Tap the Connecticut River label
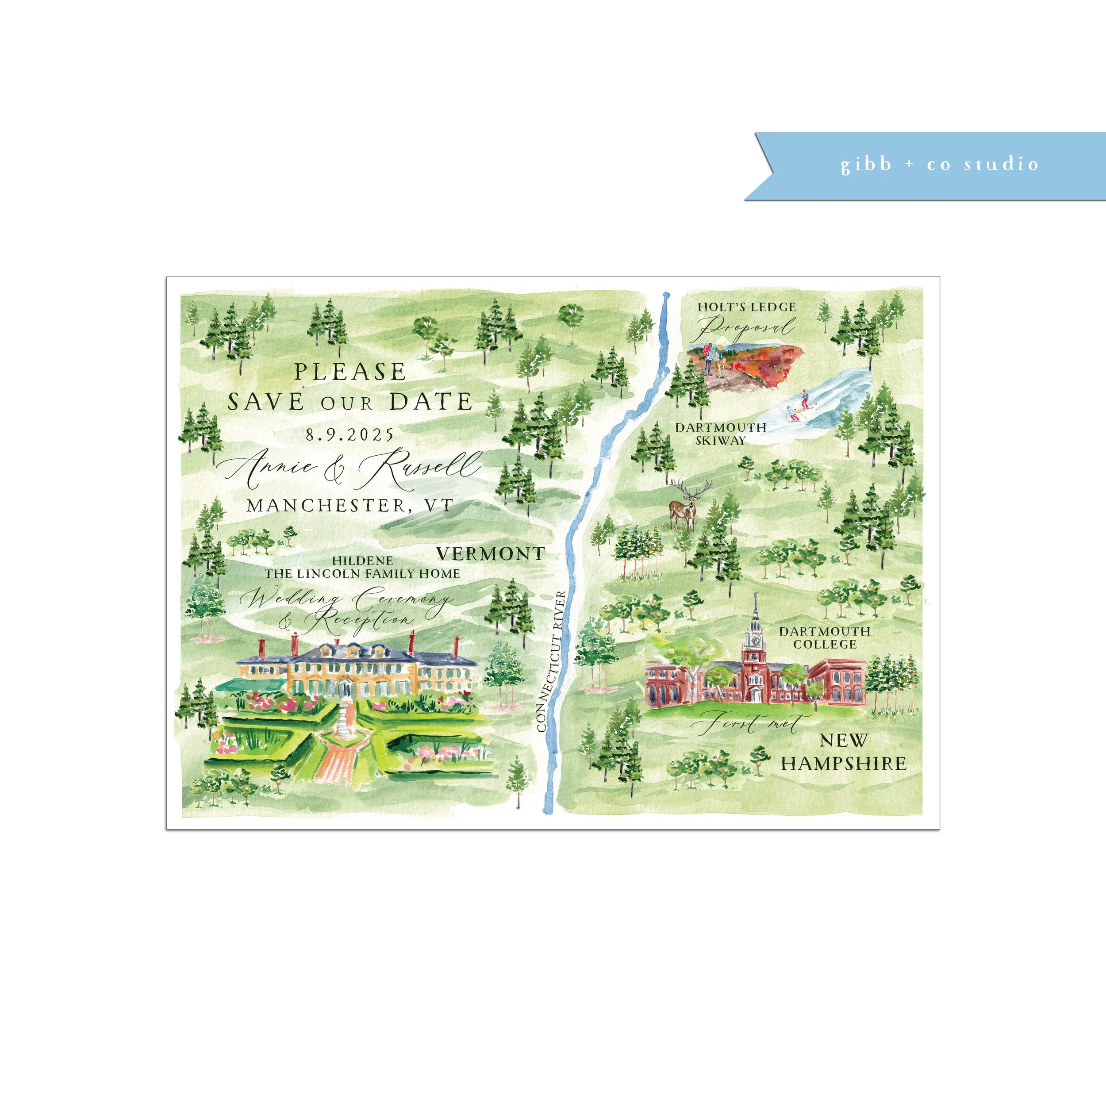pyautogui.click(x=551, y=662)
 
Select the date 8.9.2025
pyautogui.click(x=350, y=434)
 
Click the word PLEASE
pyautogui.click(x=350, y=372)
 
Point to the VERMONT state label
pyautogui.click(x=490, y=553)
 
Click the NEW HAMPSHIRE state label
pyautogui.click(x=844, y=752)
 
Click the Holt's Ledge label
pyautogui.click(x=746, y=307)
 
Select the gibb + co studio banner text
pyautogui.click(x=939, y=165)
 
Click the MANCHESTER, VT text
pyautogui.click(x=350, y=505)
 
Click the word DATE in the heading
pyautogui.click(x=430, y=401)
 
